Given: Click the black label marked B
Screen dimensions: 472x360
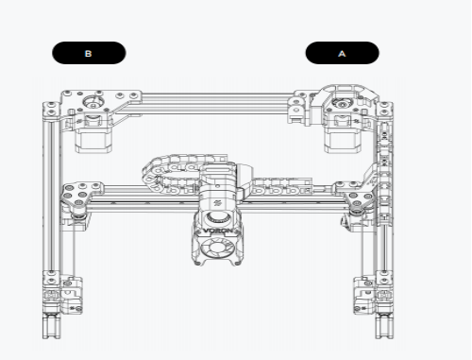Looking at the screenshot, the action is [89, 53].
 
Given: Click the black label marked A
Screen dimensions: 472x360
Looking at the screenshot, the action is [343, 53].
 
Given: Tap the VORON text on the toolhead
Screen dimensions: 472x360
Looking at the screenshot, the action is [218, 231].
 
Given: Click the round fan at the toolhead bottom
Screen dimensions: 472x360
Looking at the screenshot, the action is [216, 248].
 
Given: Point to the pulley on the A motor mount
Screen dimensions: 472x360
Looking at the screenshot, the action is [342, 103].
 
